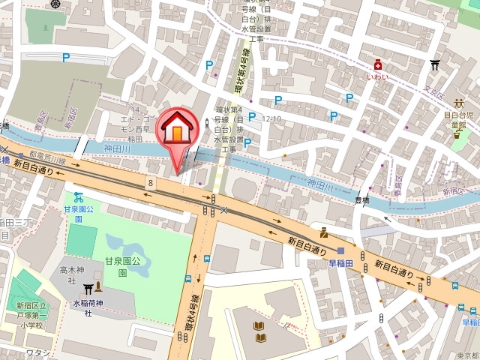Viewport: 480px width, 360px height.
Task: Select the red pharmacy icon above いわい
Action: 381,65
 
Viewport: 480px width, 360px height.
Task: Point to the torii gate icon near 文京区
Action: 433,65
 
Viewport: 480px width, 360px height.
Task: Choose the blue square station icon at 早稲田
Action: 341,251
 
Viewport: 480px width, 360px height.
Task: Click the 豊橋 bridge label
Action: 361,200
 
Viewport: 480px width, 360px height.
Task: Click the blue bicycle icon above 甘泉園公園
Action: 78,197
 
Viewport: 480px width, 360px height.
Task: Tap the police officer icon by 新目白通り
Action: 323,233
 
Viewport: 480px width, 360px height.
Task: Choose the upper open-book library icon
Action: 259,326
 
